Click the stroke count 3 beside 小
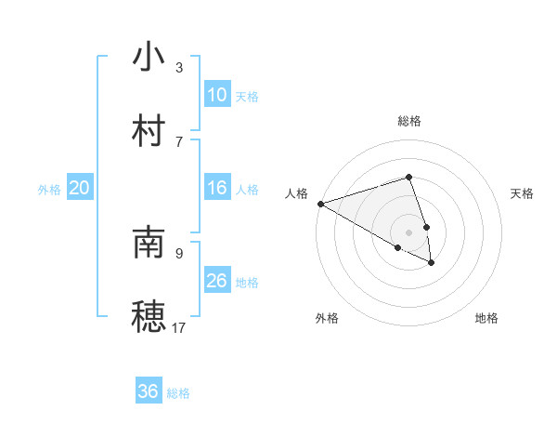coord(179,68)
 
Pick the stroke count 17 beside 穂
coord(179,327)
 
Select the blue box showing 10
coord(216,95)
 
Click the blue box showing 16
coord(216,188)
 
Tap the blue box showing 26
coord(216,281)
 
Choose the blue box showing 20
coord(80,188)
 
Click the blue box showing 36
coord(149,391)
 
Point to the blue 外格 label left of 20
coord(49,190)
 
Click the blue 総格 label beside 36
coord(178,393)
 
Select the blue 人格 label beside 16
coord(247,190)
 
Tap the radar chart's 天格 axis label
coord(522,193)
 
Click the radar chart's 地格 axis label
coord(486,318)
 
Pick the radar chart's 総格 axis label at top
coord(409,121)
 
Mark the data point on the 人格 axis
coord(320,203)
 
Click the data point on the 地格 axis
coord(432,263)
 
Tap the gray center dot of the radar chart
coord(409,232)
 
